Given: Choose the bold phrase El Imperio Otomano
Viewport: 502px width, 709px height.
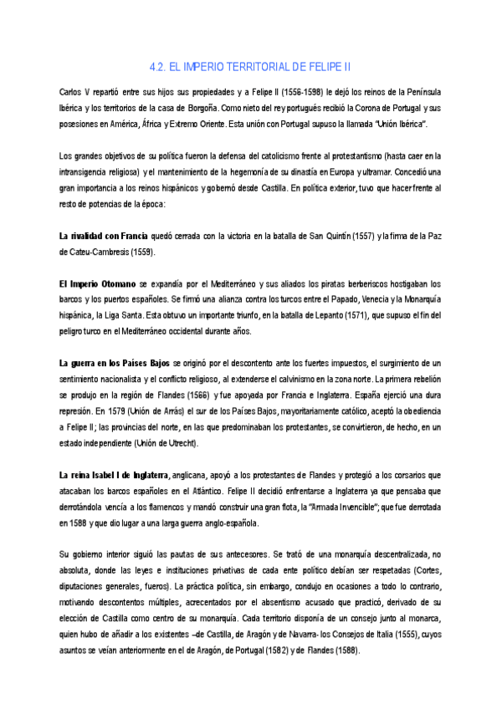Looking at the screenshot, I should (96, 284).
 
